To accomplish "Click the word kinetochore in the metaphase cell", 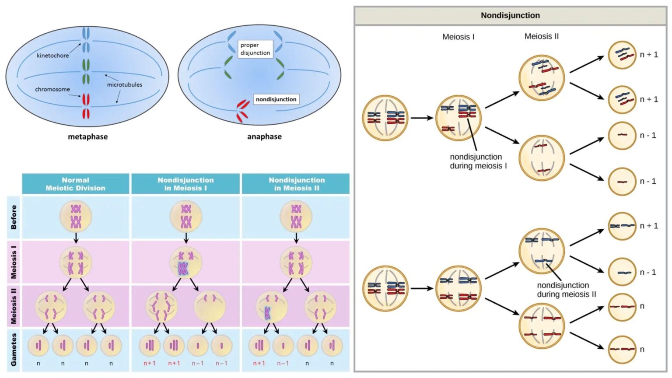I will point(52,56).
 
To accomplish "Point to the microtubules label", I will point(124,84).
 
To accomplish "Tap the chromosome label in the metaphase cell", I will point(52,89).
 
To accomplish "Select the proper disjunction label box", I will point(255,49).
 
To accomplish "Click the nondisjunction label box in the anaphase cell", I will point(276,99).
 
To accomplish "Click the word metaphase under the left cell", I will point(87,136).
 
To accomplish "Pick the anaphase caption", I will point(264,136).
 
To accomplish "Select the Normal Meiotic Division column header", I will point(75,184).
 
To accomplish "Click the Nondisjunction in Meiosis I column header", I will point(185,184).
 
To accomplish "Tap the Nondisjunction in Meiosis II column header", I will point(296,184).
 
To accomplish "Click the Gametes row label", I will point(14,350).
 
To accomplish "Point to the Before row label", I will point(14,217).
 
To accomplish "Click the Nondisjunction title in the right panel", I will point(510,15).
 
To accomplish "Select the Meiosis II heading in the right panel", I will point(541,36).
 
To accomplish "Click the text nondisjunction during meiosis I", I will point(478,161).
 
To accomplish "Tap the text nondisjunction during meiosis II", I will point(566,290).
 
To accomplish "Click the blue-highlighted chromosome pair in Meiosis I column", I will point(183,268).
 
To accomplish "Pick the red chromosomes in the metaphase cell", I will point(86,106).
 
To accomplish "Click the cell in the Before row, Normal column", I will point(76,217).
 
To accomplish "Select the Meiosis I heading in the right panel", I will point(458,37).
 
